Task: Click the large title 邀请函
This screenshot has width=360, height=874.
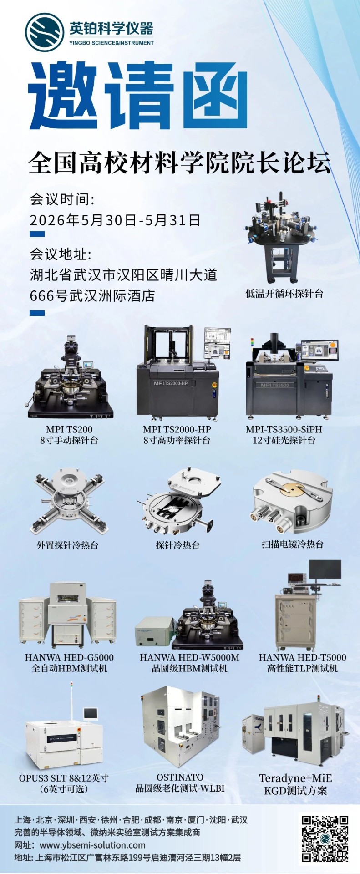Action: pos(138,97)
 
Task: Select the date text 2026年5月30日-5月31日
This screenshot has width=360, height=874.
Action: pos(115,220)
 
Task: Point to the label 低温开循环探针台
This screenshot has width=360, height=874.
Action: pos(284,294)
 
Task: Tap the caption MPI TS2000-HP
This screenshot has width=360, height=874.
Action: pos(177,429)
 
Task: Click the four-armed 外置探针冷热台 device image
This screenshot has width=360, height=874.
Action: pos(69,503)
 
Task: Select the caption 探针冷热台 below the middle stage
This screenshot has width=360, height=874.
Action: pos(177,545)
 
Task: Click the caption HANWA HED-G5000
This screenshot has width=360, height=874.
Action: pos(69,657)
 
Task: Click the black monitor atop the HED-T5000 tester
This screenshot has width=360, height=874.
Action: pos(325,569)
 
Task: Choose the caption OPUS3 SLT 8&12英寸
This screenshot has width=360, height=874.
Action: pos(64,778)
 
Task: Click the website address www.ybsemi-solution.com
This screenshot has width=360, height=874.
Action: pos(92,845)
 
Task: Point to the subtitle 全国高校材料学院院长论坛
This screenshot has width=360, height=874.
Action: pos(179,163)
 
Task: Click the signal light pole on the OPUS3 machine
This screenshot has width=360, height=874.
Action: pos(71,701)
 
